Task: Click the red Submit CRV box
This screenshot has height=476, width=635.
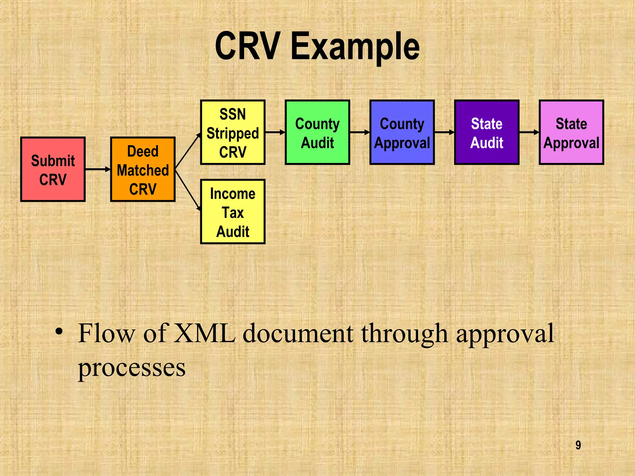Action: (53, 170)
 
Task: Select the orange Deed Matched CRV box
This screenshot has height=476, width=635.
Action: (143, 170)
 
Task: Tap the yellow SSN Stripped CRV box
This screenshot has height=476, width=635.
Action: (233, 132)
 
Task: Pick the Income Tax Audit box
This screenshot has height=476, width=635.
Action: (233, 212)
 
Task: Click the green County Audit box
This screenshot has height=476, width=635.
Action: (317, 132)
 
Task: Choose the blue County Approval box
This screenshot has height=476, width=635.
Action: (402, 132)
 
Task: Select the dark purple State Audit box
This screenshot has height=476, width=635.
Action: (486, 132)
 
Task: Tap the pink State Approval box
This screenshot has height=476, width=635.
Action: (571, 132)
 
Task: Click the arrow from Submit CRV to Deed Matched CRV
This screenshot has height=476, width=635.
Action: (98, 169)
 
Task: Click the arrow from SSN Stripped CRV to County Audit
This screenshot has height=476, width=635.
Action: (275, 132)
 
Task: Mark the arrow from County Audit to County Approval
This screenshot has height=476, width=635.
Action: (360, 132)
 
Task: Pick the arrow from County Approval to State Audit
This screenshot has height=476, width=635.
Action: (444, 132)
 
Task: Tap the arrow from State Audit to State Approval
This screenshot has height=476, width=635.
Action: (529, 132)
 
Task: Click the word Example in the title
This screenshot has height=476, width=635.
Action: (355, 47)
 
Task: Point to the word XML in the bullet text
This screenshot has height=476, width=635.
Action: (204, 333)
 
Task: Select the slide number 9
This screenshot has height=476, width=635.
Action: (578, 445)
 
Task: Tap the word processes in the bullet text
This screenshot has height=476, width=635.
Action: (131, 368)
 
